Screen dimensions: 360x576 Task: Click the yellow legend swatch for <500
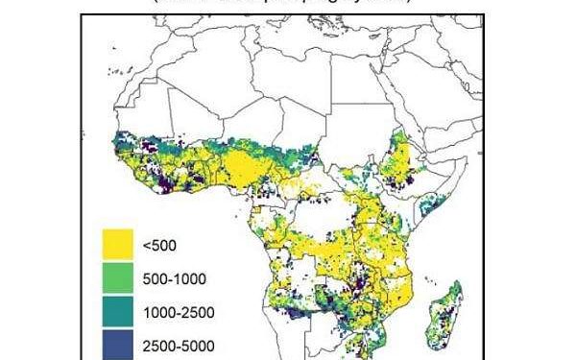tap(123, 246)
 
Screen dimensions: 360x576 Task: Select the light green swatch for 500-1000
tap(123, 279)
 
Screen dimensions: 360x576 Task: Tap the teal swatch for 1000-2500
tap(123, 312)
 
